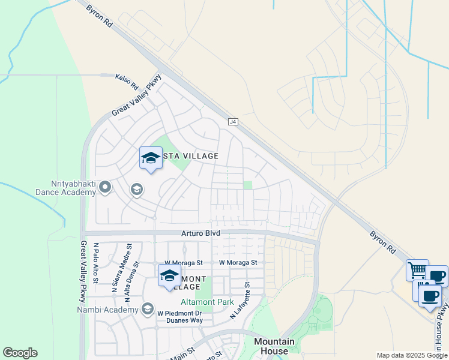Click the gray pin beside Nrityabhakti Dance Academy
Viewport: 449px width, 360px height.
(106, 188)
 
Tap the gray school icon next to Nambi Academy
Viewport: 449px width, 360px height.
(147, 310)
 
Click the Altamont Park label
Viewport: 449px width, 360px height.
(208, 302)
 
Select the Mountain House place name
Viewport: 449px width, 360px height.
(274, 346)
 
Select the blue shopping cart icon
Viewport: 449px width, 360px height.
(417, 269)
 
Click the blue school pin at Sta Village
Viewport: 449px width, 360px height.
(151, 158)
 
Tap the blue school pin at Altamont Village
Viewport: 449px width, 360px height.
(169, 277)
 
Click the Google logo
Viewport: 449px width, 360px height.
(20, 353)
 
